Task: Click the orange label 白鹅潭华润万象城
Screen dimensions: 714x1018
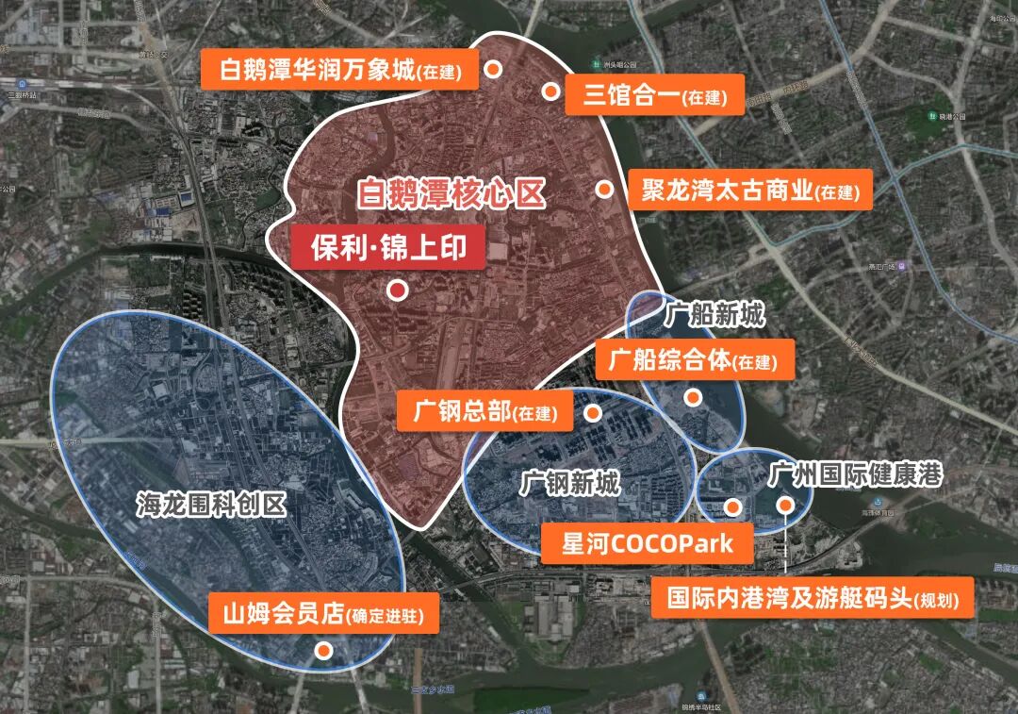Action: pyautogui.click(x=340, y=71)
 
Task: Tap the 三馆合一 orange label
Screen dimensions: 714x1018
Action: pyautogui.click(x=655, y=96)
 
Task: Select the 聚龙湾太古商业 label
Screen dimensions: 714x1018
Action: pyautogui.click(x=749, y=191)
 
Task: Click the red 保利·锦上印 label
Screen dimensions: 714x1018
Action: pyautogui.click(x=387, y=248)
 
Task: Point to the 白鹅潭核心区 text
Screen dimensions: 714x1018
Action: pyautogui.click(x=452, y=194)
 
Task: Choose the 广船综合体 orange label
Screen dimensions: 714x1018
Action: pyautogui.click(x=693, y=360)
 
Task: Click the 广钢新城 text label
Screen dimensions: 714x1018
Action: pyautogui.click(x=571, y=485)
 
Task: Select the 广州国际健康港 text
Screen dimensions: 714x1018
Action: pyautogui.click(x=856, y=474)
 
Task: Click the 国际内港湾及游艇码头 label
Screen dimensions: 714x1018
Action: pyautogui.click(x=813, y=599)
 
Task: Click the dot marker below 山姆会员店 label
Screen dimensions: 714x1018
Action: pyautogui.click(x=323, y=650)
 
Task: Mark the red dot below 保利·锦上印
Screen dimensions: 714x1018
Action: pyautogui.click(x=398, y=291)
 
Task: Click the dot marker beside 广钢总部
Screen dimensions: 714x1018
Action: pyautogui.click(x=593, y=413)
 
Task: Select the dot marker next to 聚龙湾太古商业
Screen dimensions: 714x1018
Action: pyautogui.click(x=604, y=190)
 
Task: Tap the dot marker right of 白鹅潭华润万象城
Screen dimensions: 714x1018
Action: pyautogui.click(x=493, y=69)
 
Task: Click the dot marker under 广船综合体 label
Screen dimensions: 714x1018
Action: pyautogui.click(x=693, y=398)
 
